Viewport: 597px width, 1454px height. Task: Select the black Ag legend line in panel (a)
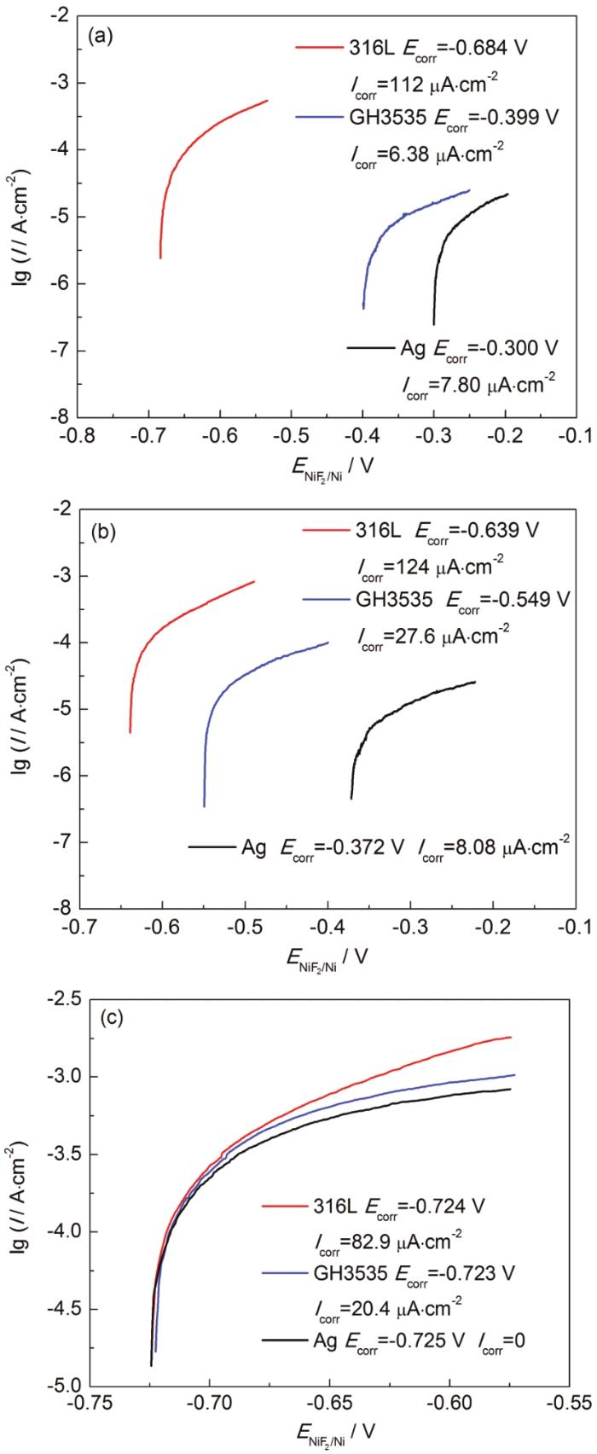pos(369,346)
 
